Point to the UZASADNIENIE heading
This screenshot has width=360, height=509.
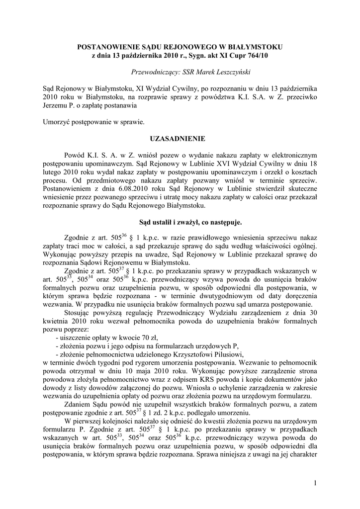click(180, 138)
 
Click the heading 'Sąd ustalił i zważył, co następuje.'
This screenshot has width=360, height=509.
click(180, 222)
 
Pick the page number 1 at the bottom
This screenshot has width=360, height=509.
click(315, 482)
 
